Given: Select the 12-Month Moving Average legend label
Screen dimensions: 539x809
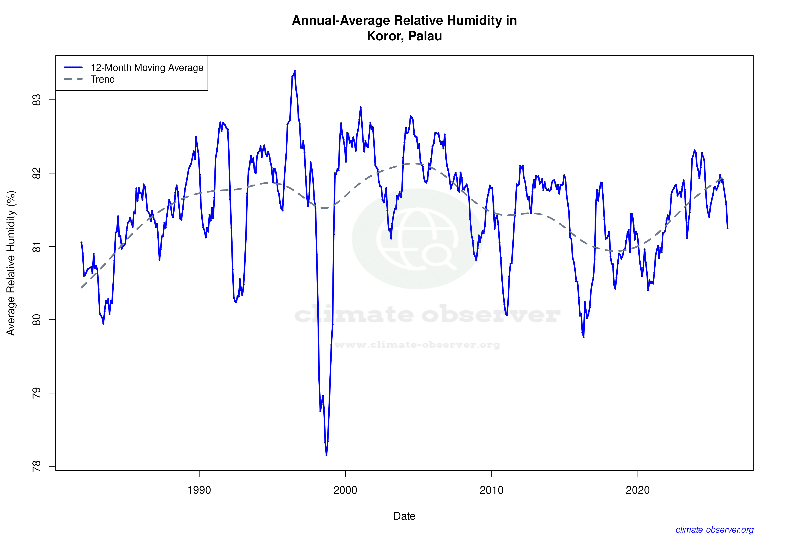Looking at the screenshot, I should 147,68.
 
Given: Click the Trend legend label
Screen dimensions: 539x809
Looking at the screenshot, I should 102,79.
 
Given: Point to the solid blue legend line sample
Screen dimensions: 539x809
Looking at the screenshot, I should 73,67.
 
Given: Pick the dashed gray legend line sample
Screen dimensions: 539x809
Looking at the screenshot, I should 73,79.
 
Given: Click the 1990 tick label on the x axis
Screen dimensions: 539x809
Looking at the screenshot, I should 199,490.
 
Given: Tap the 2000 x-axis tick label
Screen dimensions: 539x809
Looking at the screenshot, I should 345,490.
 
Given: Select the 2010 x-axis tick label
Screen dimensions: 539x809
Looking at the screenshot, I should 491,490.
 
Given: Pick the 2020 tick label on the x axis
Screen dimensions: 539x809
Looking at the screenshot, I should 638,490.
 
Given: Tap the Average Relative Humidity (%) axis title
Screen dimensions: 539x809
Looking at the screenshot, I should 11,263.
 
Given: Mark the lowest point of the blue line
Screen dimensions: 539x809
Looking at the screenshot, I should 326,455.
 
